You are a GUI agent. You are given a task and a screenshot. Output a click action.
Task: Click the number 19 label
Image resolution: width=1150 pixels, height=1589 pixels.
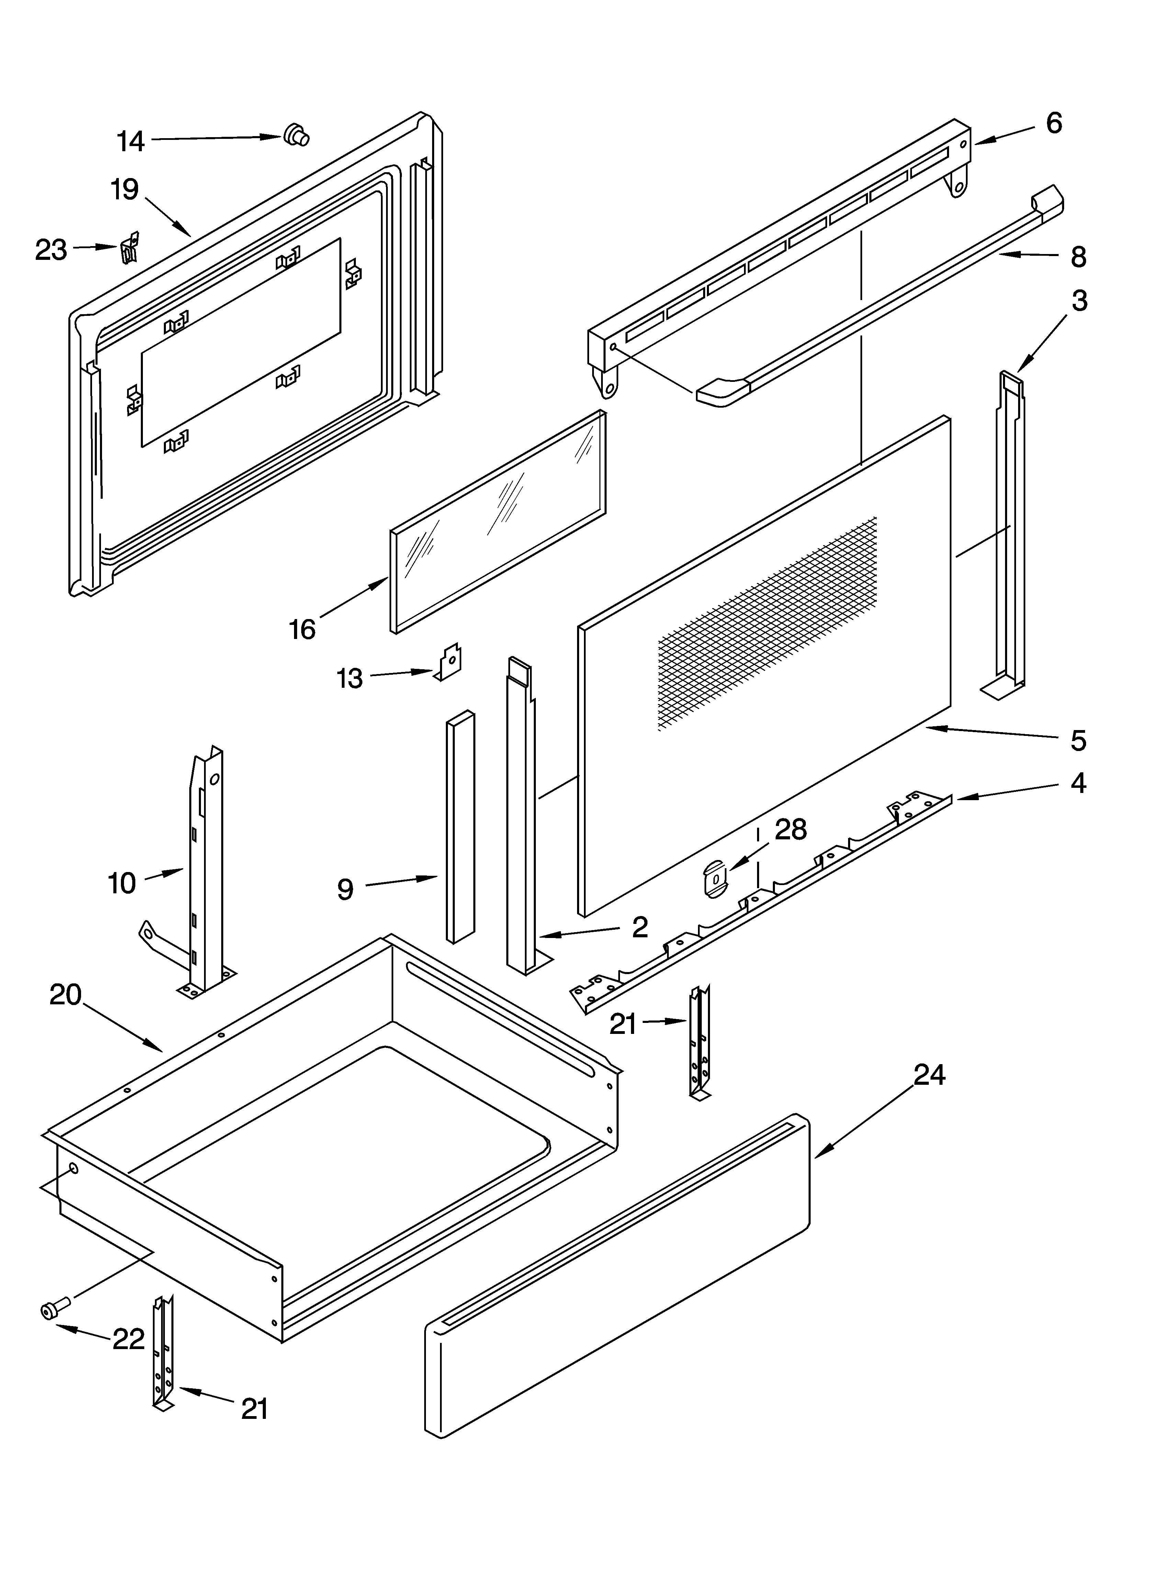(125, 190)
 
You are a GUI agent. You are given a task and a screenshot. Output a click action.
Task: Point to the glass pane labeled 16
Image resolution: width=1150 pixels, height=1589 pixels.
(497, 522)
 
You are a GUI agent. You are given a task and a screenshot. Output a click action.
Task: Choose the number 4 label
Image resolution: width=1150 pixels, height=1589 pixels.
(1079, 783)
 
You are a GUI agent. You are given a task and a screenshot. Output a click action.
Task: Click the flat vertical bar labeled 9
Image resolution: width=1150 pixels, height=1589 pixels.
(460, 827)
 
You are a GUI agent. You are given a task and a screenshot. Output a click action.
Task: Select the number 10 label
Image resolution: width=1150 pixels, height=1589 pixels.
(122, 883)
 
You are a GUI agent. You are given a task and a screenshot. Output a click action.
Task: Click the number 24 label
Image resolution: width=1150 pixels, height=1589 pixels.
(929, 1074)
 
